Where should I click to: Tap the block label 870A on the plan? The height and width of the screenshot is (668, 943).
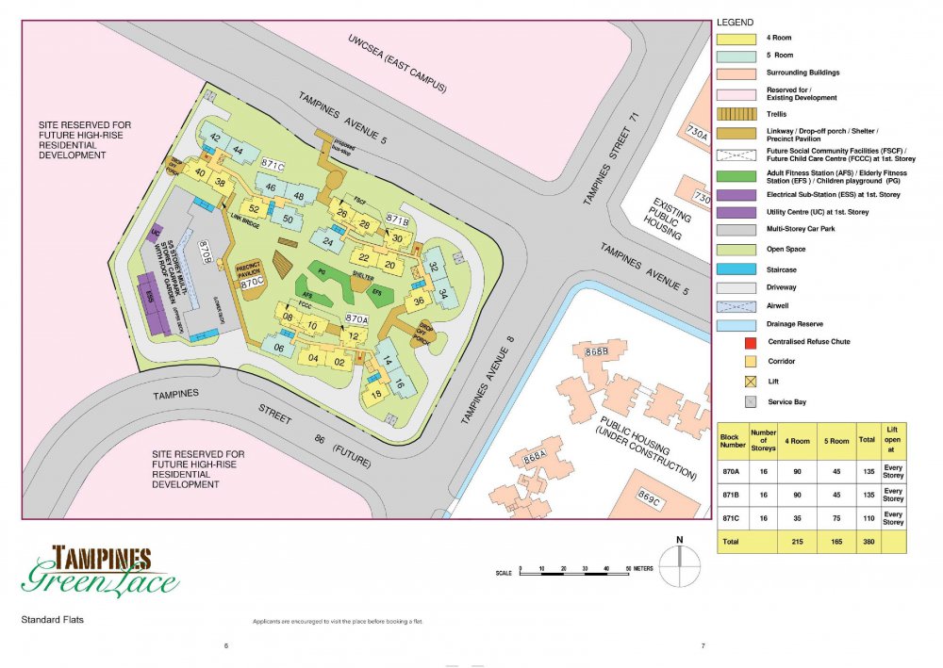click(356, 319)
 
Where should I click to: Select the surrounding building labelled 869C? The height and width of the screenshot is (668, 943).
click(651, 497)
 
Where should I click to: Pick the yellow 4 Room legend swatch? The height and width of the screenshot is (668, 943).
click(735, 41)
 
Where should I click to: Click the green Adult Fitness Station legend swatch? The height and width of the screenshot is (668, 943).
click(735, 175)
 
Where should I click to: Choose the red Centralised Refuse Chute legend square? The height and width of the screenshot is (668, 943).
click(752, 341)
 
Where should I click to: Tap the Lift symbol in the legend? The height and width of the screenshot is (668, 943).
click(752, 381)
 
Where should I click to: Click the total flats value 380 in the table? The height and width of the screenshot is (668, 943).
click(867, 543)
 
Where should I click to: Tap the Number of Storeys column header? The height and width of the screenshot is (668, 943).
click(762, 440)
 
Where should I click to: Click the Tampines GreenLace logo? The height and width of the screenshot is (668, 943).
click(100, 571)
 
